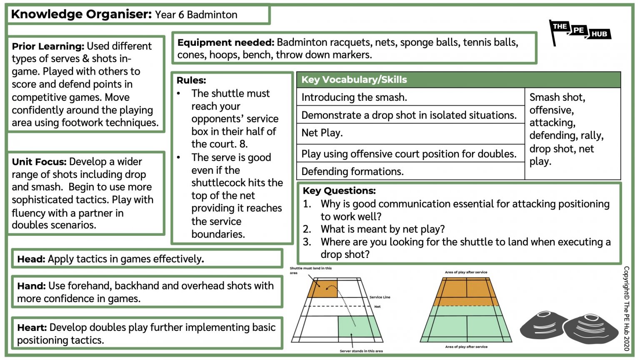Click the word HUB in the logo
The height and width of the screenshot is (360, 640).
tap(599, 34)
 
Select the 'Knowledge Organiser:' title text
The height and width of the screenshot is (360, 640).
tap(81, 14)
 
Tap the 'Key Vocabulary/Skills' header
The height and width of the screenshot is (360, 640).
tap(354, 80)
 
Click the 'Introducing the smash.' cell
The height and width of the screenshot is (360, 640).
tap(354, 97)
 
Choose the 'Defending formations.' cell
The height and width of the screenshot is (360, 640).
tap(352, 171)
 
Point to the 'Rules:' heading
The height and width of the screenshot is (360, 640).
tap(191, 80)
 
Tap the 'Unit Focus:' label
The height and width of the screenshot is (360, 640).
tap(39, 162)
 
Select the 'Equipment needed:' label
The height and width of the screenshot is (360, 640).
tap(225, 42)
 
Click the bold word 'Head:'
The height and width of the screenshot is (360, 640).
tap(31, 259)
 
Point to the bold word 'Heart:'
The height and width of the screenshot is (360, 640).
tap(32, 327)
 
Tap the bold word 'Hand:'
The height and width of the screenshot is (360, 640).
tap(31, 286)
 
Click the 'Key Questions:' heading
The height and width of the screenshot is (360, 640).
tap(339, 191)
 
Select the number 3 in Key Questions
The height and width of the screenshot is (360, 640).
tap(307, 242)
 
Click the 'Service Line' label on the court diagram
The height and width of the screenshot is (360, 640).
tap(380, 297)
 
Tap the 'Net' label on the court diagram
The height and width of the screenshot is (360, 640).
tap(377, 307)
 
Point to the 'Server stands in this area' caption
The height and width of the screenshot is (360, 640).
tap(361, 351)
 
